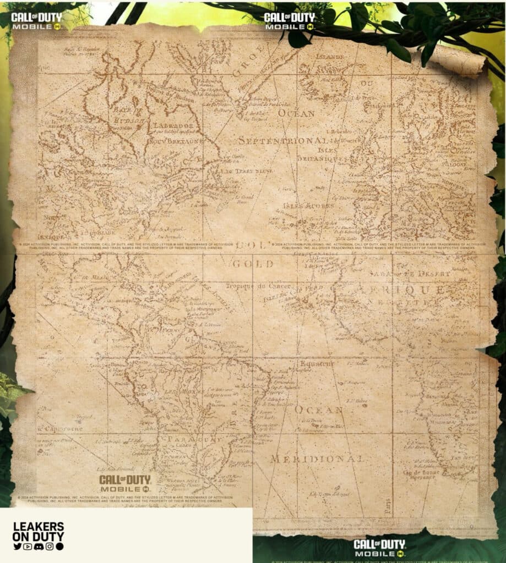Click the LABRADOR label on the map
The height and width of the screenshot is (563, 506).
click(x=169, y=125)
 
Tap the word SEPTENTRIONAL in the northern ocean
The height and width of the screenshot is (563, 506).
click(x=282, y=141)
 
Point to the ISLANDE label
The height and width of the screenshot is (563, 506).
click(x=329, y=57)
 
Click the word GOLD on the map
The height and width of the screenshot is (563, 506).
click(x=253, y=264)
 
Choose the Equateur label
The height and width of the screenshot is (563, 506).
click(x=317, y=363)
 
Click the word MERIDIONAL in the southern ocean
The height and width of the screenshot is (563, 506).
click(x=317, y=459)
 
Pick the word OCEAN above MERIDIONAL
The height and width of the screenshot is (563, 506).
click(x=319, y=410)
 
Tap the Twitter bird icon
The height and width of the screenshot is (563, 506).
click(x=17, y=546)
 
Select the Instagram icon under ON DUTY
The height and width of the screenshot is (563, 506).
click(x=50, y=546)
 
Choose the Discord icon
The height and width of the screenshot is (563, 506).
click(x=39, y=546)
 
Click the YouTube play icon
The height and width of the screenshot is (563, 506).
click(x=28, y=546)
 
